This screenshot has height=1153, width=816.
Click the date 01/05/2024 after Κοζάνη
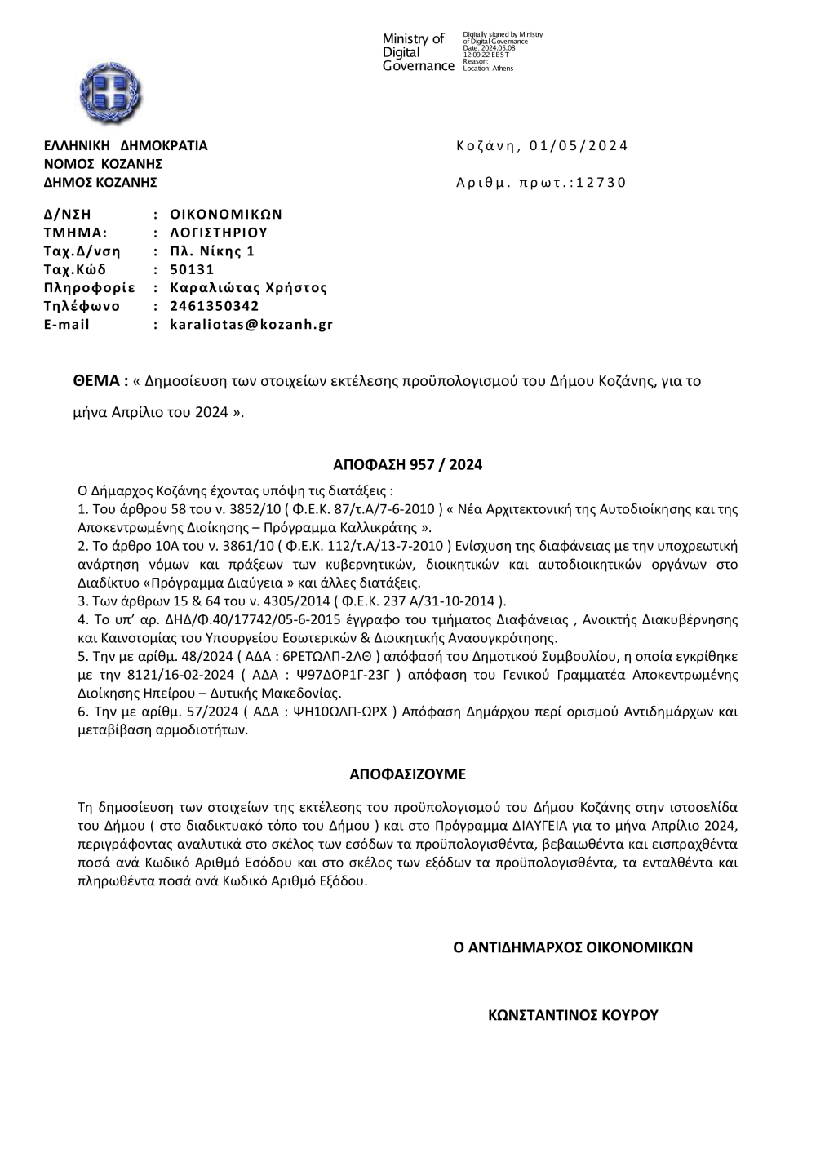point(579,146)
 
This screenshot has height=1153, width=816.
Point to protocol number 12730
point(601,183)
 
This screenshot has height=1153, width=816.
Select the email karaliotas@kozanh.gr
point(251,325)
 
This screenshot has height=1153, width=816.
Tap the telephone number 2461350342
point(215,307)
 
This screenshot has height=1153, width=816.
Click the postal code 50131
point(192,270)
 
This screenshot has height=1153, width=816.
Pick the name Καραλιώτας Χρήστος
point(248,288)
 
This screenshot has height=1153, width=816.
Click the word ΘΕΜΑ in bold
point(100,380)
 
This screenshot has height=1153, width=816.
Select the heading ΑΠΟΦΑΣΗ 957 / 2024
point(407,465)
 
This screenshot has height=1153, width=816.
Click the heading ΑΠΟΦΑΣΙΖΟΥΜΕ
point(407,774)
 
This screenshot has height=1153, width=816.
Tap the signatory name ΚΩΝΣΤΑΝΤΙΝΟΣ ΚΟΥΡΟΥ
point(573,1015)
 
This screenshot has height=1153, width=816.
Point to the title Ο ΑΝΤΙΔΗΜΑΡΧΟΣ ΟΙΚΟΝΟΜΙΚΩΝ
point(573,947)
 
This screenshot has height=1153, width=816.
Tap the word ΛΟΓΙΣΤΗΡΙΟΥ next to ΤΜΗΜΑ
point(219,233)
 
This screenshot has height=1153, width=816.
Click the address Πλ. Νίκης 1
point(212,251)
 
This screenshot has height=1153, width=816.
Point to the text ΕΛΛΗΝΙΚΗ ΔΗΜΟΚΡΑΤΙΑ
point(126,146)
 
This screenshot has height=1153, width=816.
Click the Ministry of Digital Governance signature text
point(418,51)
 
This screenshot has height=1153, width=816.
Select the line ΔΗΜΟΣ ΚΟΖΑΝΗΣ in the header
point(100,182)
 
